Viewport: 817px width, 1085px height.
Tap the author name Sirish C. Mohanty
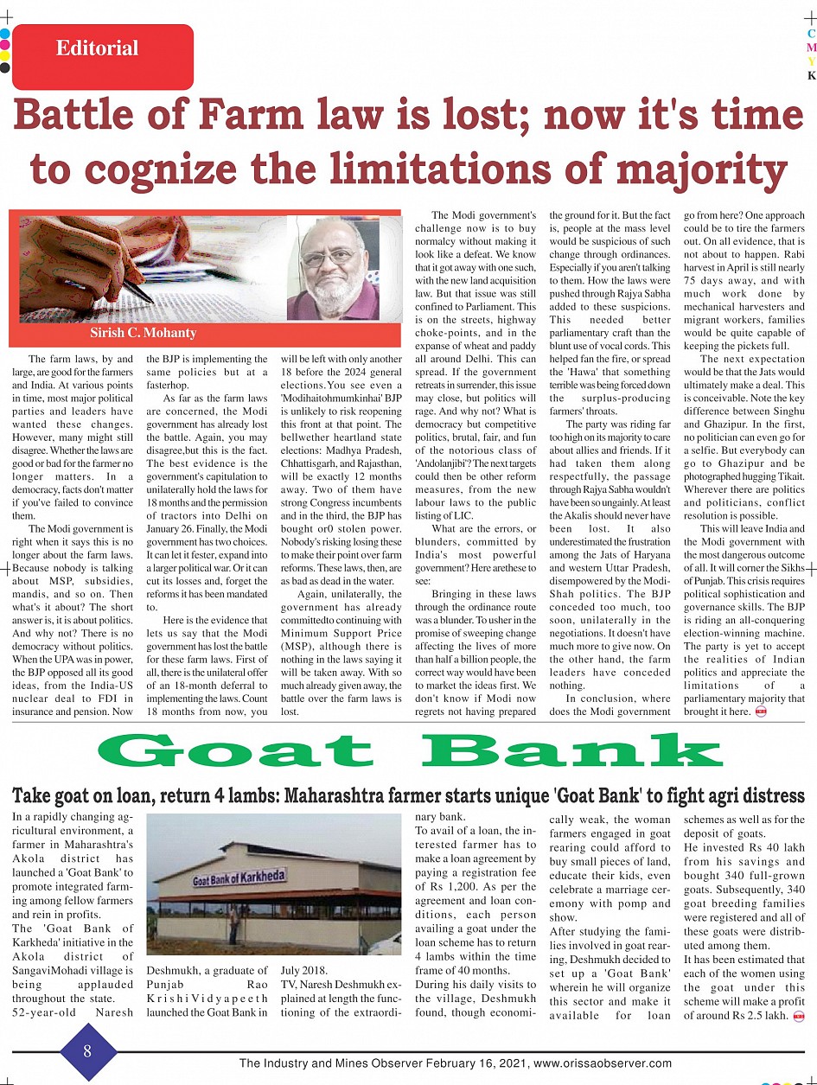(x=144, y=333)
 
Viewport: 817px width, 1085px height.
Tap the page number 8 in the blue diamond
(x=88, y=1050)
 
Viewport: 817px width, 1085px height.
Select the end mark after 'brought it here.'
(x=761, y=712)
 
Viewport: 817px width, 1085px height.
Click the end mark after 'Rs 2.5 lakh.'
(x=798, y=1014)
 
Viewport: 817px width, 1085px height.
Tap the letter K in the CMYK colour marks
(x=811, y=75)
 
